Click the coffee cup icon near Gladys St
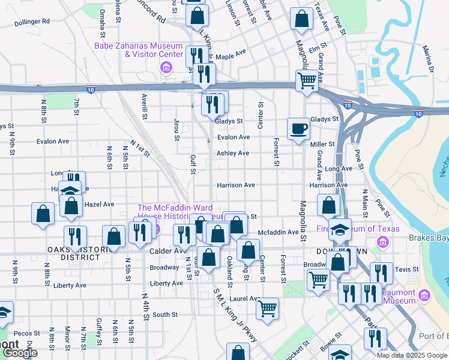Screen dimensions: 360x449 [298, 128]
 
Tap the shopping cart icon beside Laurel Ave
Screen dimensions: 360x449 [267, 308]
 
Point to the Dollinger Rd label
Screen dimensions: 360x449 [32, 21]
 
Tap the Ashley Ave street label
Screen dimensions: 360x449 [233, 154]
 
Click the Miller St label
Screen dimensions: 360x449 [322, 145]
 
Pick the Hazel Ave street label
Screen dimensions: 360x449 [99, 205]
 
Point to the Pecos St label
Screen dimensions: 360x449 [26, 333]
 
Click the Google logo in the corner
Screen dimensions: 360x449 [19, 353]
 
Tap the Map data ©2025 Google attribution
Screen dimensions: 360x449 [411, 355]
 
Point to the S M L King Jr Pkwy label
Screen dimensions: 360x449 [235, 316]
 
